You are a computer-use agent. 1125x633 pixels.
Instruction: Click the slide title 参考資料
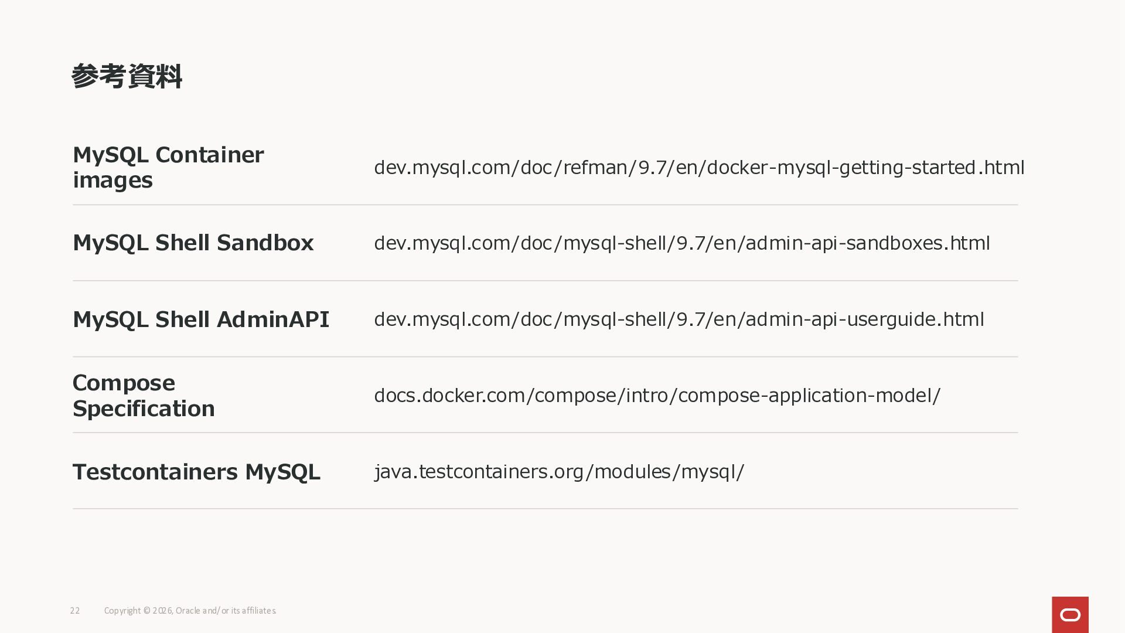(x=127, y=77)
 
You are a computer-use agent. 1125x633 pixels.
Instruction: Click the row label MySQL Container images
(x=168, y=168)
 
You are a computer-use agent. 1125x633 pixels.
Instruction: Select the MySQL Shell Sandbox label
(x=193, y=243)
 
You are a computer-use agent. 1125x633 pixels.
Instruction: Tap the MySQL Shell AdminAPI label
(x=201, y=319)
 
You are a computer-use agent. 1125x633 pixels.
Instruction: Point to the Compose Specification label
(x=144, y=396)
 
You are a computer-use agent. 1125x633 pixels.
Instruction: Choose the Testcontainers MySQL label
(x=196, y=472)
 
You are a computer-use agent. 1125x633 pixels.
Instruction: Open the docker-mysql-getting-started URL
(x=700, y=168)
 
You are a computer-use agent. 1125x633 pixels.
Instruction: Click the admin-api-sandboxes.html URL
(x=682, y=243)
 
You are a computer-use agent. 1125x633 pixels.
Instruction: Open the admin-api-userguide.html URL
(x=679, y=319)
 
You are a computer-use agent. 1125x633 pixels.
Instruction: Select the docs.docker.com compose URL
(x=657, y=396)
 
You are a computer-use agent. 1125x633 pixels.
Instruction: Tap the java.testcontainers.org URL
(x=559, y=472)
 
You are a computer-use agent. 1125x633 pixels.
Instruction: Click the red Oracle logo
(x=1070, y=615)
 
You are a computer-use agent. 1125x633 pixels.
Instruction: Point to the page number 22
(x=75, y=611)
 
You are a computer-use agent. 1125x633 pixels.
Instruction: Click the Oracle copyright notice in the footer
(x=190, y=611)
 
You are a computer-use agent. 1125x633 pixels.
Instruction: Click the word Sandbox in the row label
(x=265, y=243)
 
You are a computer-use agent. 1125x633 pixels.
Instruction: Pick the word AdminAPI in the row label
(x=273, y=319)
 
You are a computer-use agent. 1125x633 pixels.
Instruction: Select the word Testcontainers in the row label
(x=155, y=472)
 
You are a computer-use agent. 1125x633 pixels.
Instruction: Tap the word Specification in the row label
(x=144, y=409)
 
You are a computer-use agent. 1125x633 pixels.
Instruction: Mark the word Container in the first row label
(x=210, y=155)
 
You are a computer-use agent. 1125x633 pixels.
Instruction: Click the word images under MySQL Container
(x=112, y=181)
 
